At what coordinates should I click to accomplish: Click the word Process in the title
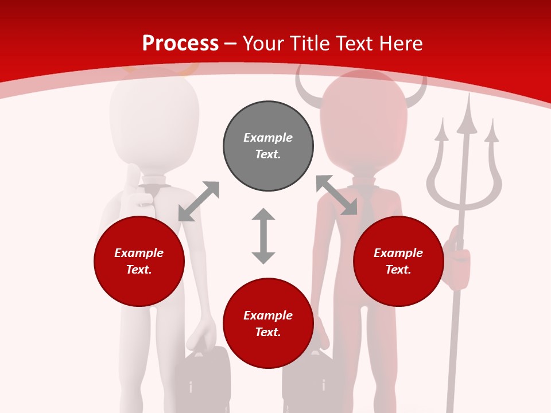[180, 44]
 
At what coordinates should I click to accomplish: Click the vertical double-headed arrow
[263, 236]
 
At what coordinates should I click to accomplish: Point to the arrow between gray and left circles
[199, 201]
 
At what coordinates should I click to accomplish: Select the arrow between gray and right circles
[336, 196]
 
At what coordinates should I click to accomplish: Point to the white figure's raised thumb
[132, 175]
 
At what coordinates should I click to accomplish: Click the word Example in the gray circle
[268, 138]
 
